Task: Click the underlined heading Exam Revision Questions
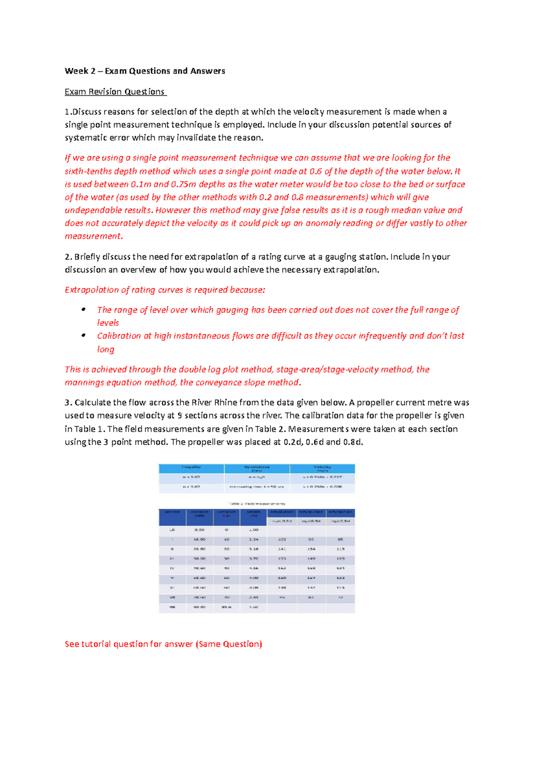[115, 91]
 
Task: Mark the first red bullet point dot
[83, 309]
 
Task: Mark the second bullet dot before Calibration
[83, 335]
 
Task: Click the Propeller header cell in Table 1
[191, 468]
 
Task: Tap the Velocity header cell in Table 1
[322, 468]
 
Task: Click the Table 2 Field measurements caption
[257, 503]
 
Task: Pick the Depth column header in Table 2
[253, 513]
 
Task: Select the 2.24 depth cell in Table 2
[253, 539]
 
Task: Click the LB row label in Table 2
[172, 530]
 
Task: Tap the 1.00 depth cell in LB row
[253, 530]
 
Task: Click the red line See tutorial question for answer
[163, 644]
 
